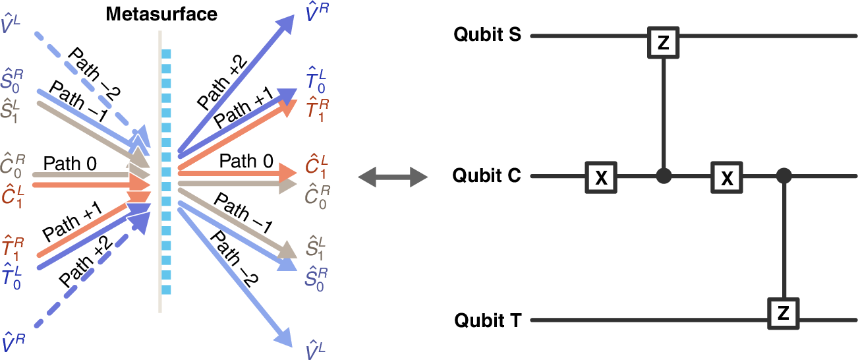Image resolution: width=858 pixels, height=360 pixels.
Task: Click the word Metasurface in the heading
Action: pos(161,13)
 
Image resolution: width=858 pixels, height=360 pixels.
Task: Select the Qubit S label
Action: pos(488,36)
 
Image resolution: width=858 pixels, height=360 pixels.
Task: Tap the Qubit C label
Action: pos(488,177)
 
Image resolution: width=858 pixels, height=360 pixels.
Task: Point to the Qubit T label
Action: pos(488,321)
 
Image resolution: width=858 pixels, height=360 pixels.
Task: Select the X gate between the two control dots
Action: pos(726,177)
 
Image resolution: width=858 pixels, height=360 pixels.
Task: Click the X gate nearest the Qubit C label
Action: pos(601,177)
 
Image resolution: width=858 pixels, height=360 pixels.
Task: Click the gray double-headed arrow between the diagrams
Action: pos(392,177)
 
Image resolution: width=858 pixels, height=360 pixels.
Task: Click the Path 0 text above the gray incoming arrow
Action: pos(66,162)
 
